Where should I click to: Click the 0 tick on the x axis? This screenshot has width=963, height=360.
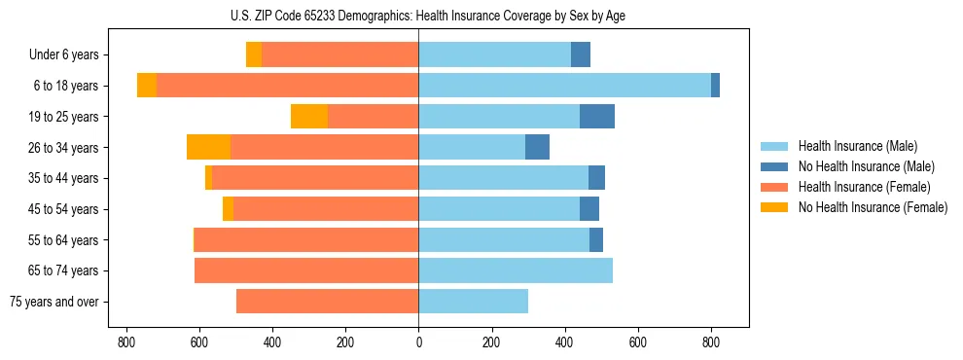click(418, 342)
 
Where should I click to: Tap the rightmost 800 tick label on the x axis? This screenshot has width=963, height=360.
click(711, 342)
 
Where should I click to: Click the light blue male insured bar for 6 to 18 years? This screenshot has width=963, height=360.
click(564, 86)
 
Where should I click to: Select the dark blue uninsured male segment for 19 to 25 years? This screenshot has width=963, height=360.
click(597, 117)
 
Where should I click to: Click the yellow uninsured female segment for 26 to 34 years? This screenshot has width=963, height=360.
click(208, 147)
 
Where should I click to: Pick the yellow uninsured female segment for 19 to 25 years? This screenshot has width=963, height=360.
click(309, 117)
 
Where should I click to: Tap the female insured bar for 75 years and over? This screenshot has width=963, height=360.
click(327, 302)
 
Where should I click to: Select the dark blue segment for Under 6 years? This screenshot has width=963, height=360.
click(581, 54)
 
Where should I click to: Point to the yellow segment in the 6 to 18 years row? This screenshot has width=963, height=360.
click(147, 86)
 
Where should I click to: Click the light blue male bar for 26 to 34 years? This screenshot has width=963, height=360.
click(472, 147)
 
